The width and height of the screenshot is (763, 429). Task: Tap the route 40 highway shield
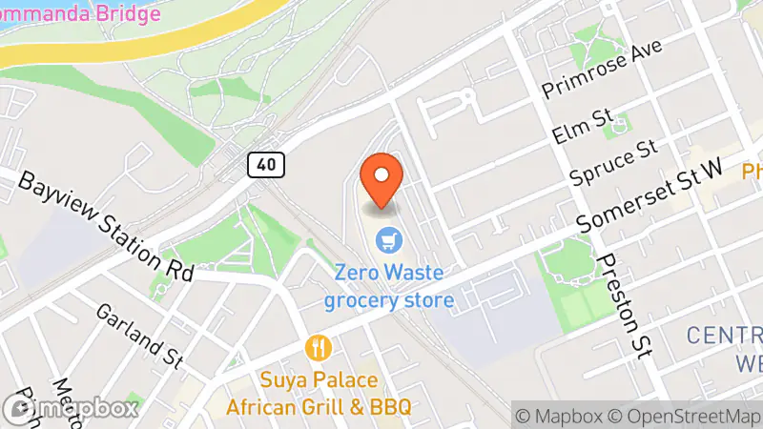pos(266,164)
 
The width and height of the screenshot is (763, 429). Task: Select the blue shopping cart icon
pos(387,238)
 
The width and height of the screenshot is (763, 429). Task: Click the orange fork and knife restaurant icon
pos(318,347)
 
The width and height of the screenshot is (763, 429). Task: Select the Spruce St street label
pos(614,162)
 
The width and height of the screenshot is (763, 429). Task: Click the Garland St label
pos(140,336)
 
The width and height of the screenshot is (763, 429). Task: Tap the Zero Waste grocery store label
pos(388,287)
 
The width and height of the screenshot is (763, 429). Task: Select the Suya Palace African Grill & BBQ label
pos(319,394)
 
